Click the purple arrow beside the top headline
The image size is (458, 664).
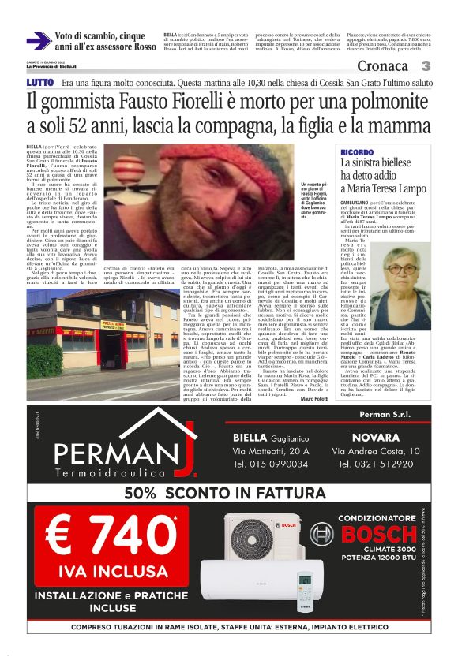(38, 41)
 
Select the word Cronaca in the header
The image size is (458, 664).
(383, 66)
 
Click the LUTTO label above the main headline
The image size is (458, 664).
(40, 82)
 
